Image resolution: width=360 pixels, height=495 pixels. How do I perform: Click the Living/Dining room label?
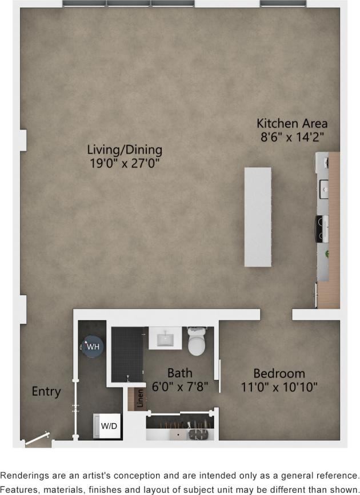tap(125, 150)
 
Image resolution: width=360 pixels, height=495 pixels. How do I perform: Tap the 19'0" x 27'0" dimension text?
tap(125, 163)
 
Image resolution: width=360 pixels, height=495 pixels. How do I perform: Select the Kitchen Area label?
tap(291, 123)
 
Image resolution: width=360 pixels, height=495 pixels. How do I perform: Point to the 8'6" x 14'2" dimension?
tap(291, 136)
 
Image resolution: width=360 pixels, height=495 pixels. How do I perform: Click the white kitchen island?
tap(258, 217)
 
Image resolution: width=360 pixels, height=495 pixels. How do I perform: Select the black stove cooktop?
tap(323, 228)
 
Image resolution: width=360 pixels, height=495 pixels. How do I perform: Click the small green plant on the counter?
tap(327, 253)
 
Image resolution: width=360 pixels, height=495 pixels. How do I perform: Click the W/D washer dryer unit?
tap(107, 426)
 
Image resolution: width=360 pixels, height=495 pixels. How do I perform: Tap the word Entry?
tap(46, 392)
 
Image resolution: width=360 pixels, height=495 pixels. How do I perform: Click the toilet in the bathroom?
tap(197, 341)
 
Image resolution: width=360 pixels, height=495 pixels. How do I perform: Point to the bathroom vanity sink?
tap(165, 339)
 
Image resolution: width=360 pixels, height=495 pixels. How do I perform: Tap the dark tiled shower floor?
tap(127, 354)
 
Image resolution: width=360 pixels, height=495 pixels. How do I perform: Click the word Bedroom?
tap(279, 373)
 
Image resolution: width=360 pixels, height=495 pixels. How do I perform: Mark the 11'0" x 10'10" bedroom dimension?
tap(279, 387)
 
